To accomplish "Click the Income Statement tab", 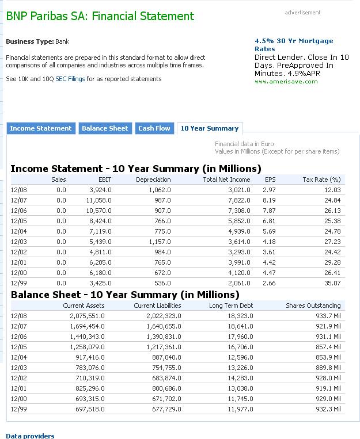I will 41,128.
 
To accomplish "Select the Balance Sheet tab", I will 105,128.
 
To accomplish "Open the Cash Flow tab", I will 154,128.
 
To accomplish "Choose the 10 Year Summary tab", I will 209,128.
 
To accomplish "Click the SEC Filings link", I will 70,79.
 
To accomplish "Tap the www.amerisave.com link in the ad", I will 286,82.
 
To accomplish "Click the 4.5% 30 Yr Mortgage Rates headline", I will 294,45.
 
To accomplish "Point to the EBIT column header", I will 104,180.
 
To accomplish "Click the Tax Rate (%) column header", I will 321,180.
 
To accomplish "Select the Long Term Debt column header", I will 231,306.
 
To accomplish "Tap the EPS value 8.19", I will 269,200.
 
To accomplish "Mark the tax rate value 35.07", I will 332,283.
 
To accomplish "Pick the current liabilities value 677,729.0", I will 164,409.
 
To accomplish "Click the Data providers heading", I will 30,436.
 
